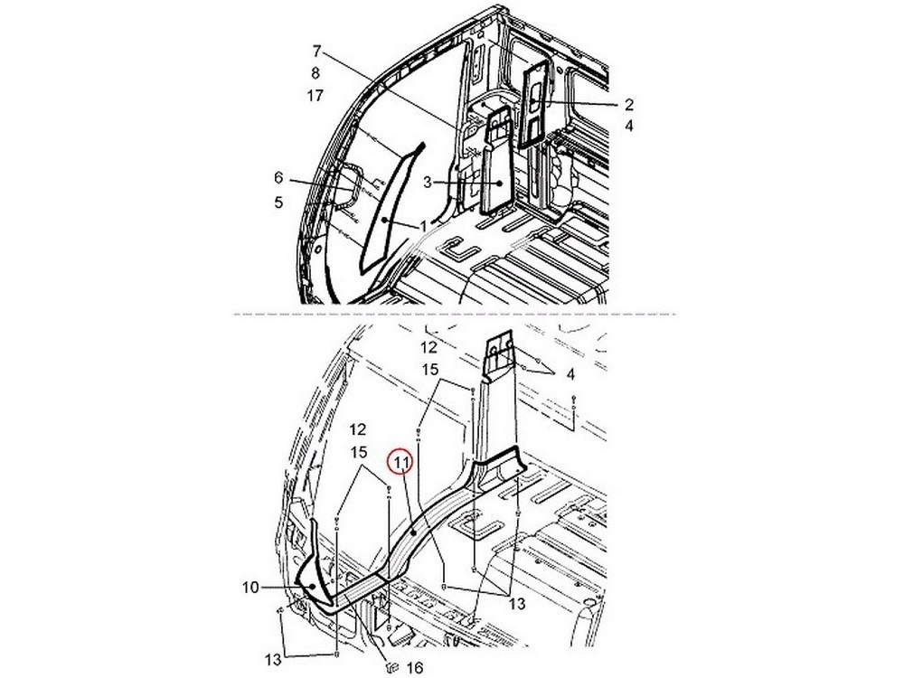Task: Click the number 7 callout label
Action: coord(315,52)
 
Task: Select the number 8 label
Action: coord(315,73)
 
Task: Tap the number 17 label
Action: coord(315,95)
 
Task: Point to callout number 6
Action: coord(278,178)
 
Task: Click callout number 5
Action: coord(278,202)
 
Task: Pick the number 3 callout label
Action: coord(428,183)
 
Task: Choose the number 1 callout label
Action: coord(424,227)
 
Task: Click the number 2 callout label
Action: coord(628,104)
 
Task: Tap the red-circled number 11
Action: coord(401,462)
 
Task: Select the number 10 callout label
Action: coord(250,588)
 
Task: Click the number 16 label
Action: coord(415,668)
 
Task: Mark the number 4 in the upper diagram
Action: coord(628,126)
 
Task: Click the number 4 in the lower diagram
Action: coord(570,375)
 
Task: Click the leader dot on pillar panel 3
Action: coord(500,184)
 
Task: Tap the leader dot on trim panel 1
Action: coord(383,220)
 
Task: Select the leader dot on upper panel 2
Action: coord(534,102)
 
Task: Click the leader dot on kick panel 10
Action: coord(313,587)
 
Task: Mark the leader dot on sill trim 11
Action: coord(414,533)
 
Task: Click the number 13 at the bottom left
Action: coord(273,658)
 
